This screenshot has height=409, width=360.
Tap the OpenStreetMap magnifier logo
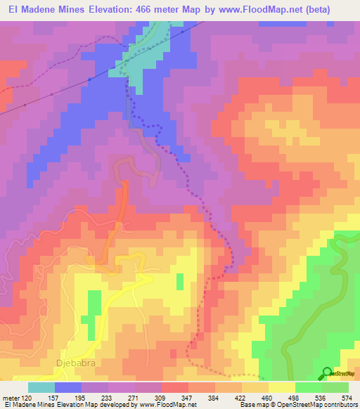[x=328, y=373]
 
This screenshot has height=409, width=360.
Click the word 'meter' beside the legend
[x=12, y=397]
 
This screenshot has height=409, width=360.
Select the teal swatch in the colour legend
[x=41, y=387]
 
